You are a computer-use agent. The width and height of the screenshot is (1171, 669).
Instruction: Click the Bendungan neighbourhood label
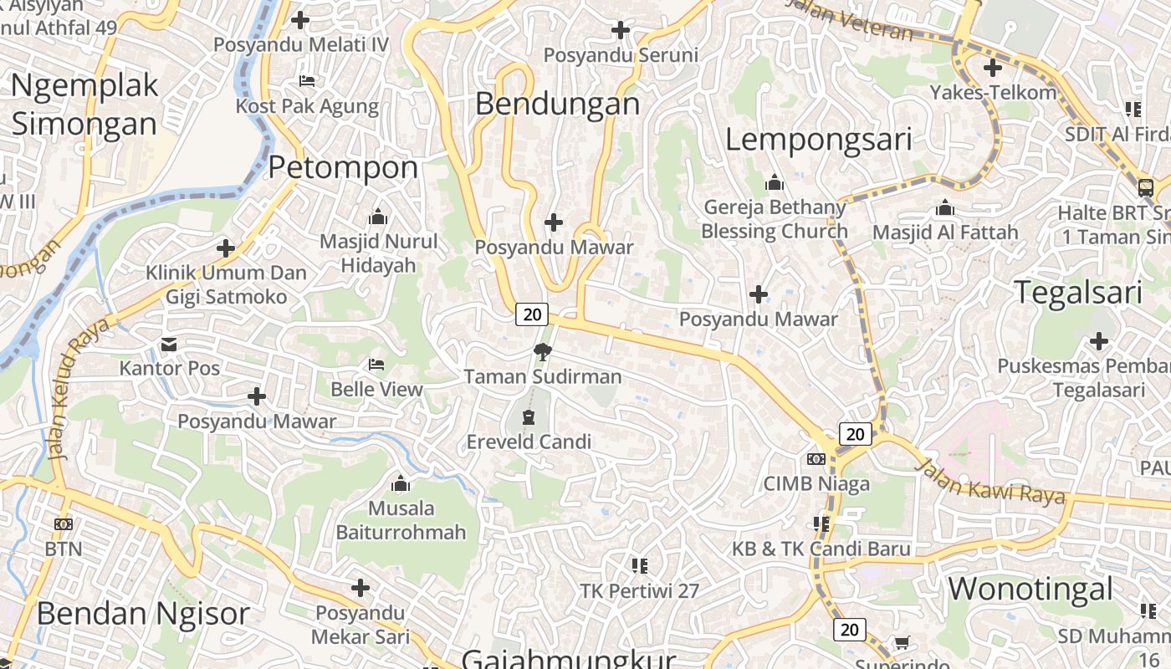click(557, 104)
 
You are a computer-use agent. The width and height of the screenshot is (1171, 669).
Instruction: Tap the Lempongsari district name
click(817, 139)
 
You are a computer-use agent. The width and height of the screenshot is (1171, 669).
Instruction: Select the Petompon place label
click(343, 167)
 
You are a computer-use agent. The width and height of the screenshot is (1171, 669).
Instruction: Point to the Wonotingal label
click(1030, 589)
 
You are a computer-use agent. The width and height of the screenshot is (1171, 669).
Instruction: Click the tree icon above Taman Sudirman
click(542, 351)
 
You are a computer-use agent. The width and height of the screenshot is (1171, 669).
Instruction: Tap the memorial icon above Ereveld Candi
click(528, 416)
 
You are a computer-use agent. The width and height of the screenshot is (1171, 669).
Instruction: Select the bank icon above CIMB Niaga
click(816, 459)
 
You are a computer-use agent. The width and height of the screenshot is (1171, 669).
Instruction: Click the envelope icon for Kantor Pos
click(169, 345)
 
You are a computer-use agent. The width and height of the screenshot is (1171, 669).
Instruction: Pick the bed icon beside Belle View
click(376, 365)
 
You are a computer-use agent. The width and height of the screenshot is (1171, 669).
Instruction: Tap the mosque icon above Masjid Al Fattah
click(944, 207)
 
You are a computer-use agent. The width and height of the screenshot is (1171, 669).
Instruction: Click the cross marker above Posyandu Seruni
click(620, 31)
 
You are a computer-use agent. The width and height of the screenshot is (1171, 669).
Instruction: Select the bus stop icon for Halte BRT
click(1145, 187)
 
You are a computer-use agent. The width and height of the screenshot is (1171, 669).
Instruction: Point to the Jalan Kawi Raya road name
click(991, 481)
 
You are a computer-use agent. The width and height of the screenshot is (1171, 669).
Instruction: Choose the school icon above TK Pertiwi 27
click(640, 566)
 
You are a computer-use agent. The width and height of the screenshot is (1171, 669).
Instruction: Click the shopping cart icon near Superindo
click(902, 643)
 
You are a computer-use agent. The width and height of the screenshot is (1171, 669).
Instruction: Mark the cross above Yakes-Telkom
click(993, 68)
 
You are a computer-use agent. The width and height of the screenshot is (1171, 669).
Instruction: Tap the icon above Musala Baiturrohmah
click(401, 483)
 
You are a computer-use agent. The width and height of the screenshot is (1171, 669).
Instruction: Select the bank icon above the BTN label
click(63, 524)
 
